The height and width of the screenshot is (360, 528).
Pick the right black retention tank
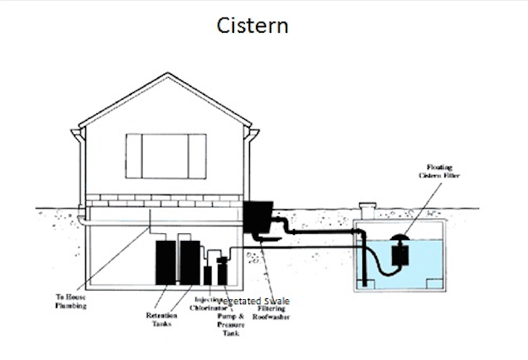(x=189, y=262)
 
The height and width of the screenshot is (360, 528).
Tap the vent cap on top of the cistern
(x=367, y=206)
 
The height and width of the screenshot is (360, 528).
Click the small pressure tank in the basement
(x=222, y=272)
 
